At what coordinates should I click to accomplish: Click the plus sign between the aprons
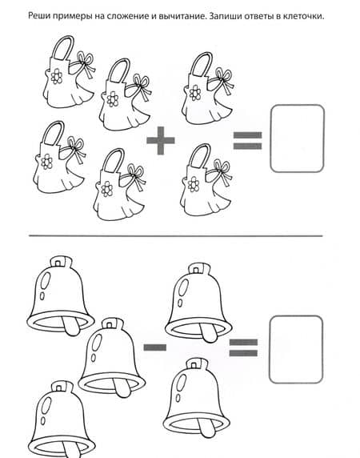pyautogui.click(x=161, y=140)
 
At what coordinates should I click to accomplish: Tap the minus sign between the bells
pyautogui.click(x=155, y=348)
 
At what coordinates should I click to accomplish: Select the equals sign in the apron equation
pyautogui.click(x=247, y=140)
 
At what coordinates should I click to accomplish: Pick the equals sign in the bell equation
pyautogui.click(x=243, y=348)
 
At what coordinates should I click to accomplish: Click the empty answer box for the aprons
pyautogui.click(x=298, y=139)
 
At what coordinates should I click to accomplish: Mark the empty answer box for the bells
pyautogui.click(x=296, y=349)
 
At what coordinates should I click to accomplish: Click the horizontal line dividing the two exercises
pyautogui.click(x=176, y=235)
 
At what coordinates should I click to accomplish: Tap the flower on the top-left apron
pyautogui.click(x=56, y=77)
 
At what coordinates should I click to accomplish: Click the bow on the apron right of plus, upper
pyautogui.click(x=224, y=78)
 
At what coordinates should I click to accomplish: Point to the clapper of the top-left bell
pyautogui.click(x=70, y=326)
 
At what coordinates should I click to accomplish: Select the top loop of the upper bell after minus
pyautogui.click(x=199, y=269)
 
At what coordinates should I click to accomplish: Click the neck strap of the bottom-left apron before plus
pyautogui.click(x=55, y=134)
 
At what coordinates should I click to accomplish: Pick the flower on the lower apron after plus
pyautogui.click(x=194, y=184)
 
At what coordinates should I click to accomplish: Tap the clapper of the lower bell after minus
pyautogui.click(x=206, y=429)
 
